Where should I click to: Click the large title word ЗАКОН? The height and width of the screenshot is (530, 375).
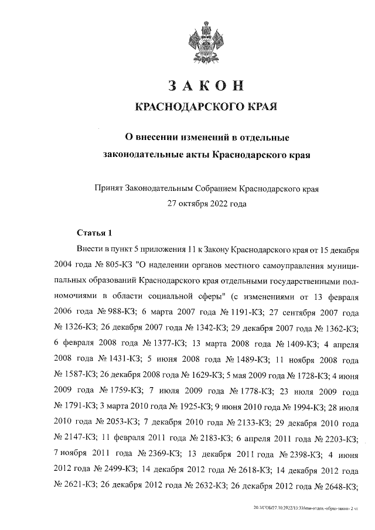[x=205, y=86]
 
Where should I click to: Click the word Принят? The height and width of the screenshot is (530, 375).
[x=108, y=189]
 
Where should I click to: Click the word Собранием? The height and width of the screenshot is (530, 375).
[x=213, y=189]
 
